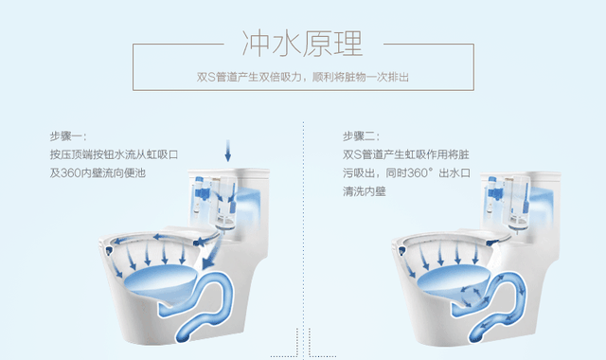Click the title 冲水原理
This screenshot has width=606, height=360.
(x=302, y=44)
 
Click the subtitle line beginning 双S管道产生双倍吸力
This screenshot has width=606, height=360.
(x=303, y=78)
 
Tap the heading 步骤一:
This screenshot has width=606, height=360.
(x=68, y=136)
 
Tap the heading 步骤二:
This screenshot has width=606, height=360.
(x=362, y=136)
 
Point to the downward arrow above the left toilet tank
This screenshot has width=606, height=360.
(x=228, y=151)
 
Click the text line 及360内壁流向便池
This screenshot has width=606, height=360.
(x=98, y=172)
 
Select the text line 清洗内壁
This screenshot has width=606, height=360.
(x=365, y=191)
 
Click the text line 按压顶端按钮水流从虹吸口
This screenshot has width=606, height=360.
(x=114, y=154)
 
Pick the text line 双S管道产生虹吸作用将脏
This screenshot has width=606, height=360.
(x=406, y=154)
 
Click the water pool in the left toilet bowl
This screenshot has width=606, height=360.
(x=160, y=279)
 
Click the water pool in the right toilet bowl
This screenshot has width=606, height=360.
(x=453, y=279)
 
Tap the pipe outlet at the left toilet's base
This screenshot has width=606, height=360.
(x=183, y=335)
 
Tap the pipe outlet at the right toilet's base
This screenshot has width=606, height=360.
(x=475, y=335)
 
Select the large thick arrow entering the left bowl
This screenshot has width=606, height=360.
(x=212, y=251)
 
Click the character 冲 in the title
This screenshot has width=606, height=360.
(x=256, y=44)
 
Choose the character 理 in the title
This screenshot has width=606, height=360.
(x=348, y=44)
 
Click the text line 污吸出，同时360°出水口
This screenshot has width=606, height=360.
(x=406, y=172)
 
